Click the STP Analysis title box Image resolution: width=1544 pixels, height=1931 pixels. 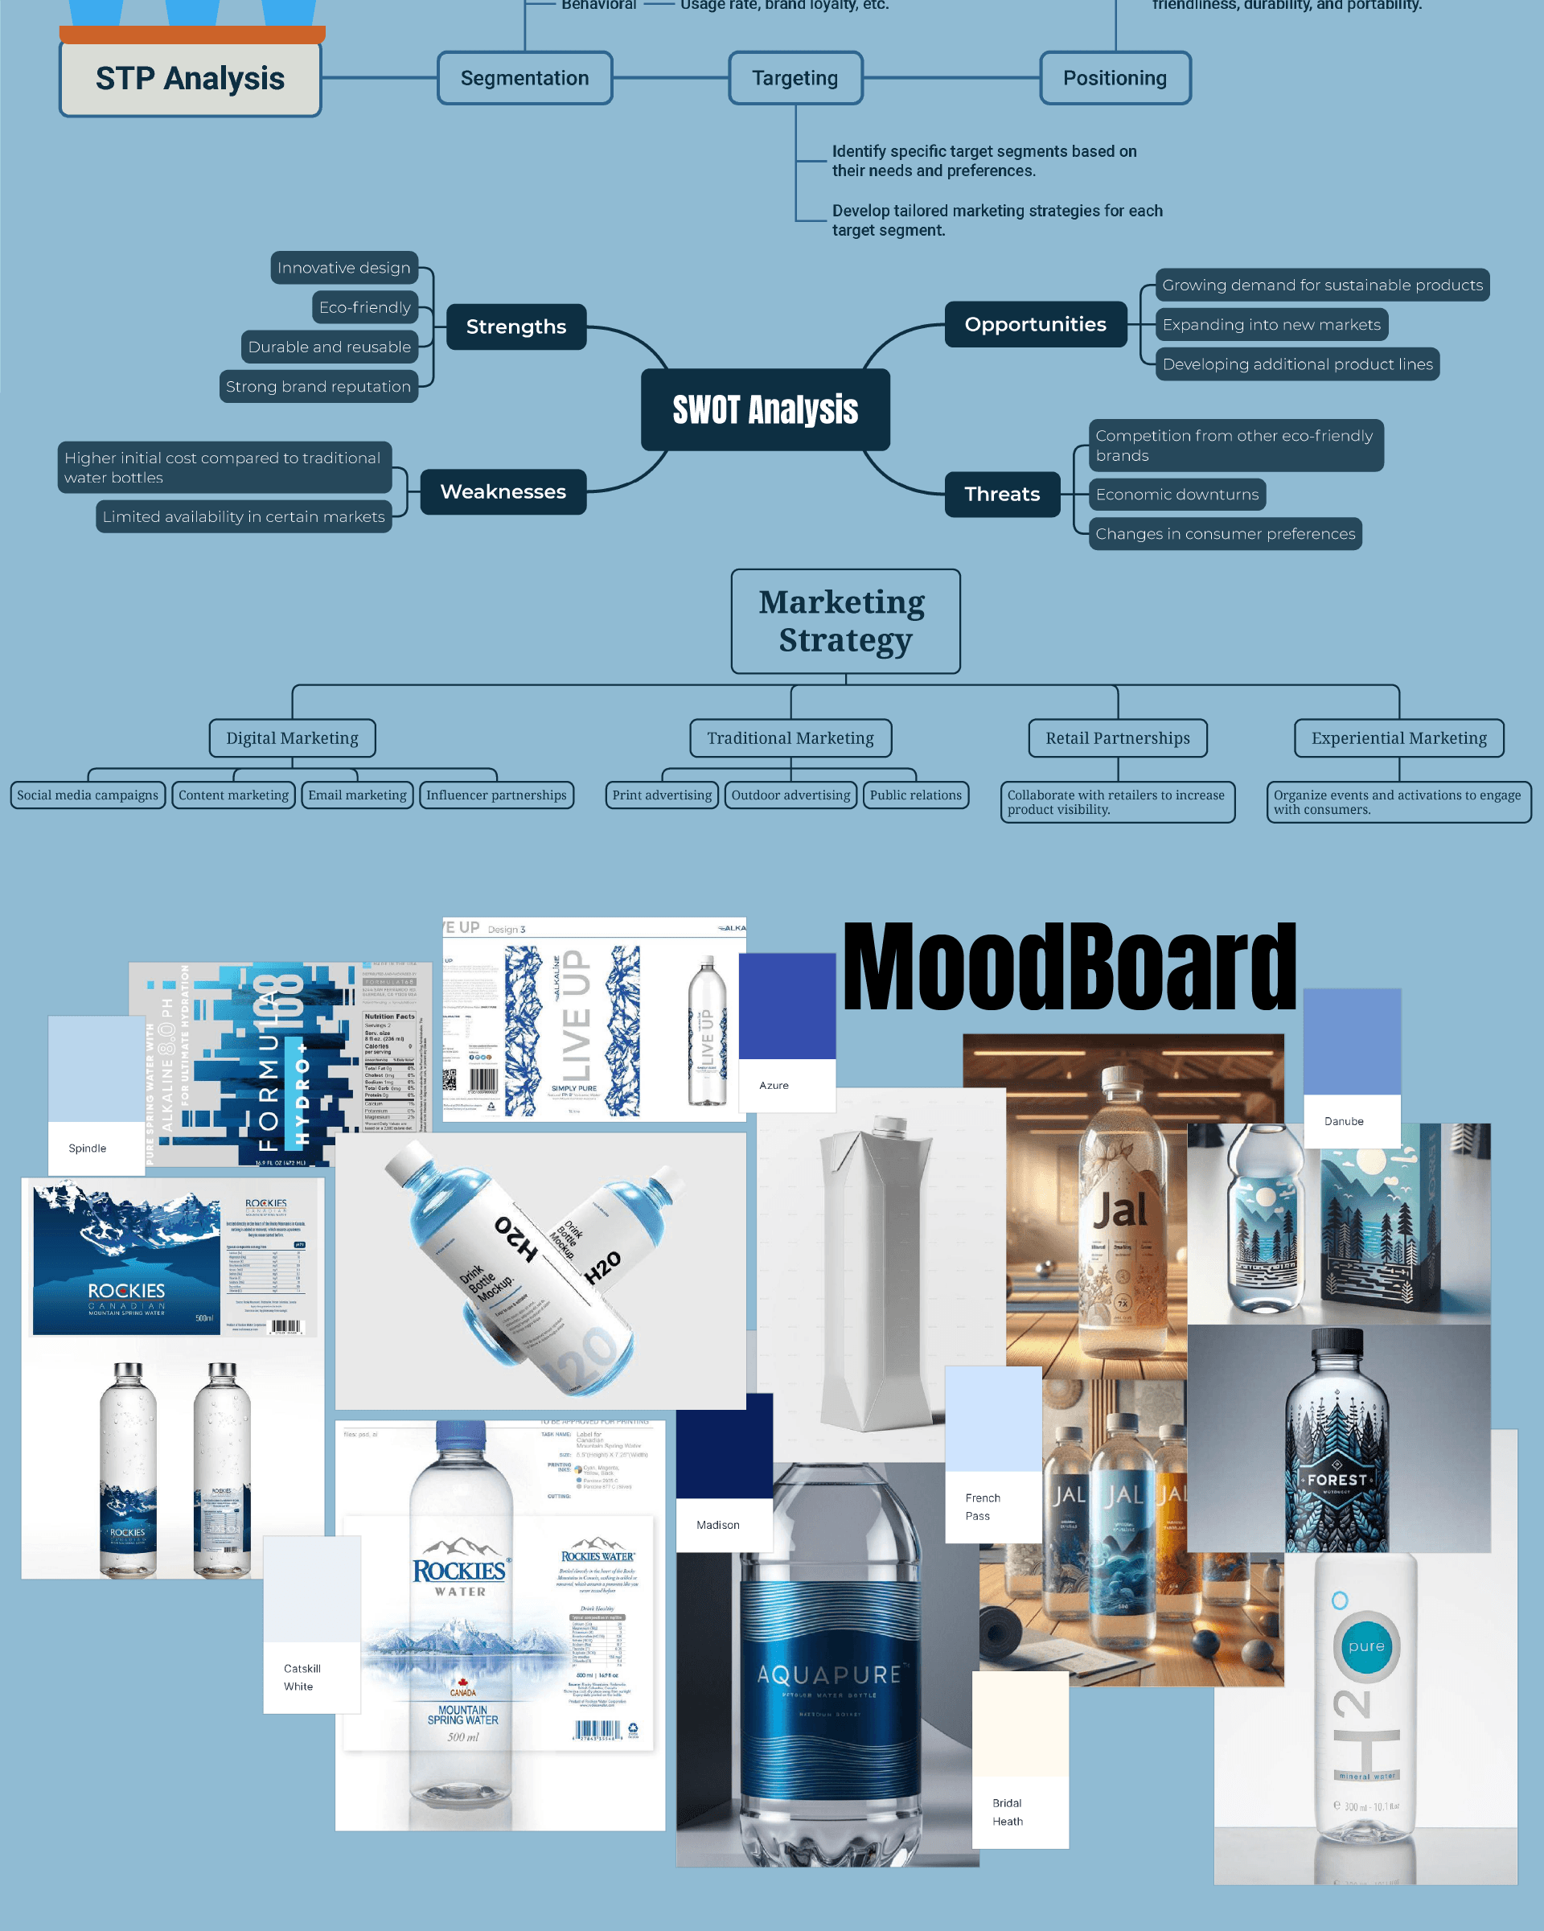(x=190, y=79)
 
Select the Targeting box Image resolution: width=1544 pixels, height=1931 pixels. (x=795, y=78)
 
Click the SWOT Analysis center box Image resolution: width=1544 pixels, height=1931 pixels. (x=765, y=409)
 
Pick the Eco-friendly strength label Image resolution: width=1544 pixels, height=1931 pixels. (x=364, y=307)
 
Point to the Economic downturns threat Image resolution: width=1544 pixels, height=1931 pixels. (x=1176, y=495)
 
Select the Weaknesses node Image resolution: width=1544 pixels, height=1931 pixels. (x=503, y=491)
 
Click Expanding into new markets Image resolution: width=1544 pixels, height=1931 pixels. (x=1271, y=324)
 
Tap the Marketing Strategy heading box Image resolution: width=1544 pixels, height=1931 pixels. (x=844, y=621)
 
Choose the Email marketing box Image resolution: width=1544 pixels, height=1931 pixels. (x=356, y=795)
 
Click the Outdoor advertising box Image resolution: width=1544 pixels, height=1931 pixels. (x=790, y=795)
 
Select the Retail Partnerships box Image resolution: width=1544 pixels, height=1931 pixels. (x=1117, y=738)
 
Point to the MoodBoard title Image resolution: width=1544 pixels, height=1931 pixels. (x=1070, y=968)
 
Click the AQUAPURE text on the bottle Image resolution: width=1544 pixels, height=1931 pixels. (x=828, y=1674)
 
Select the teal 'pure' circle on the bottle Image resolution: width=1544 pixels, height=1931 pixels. (x=1365, y=1646)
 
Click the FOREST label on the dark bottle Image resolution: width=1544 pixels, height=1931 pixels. (x=1337, y=1481)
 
